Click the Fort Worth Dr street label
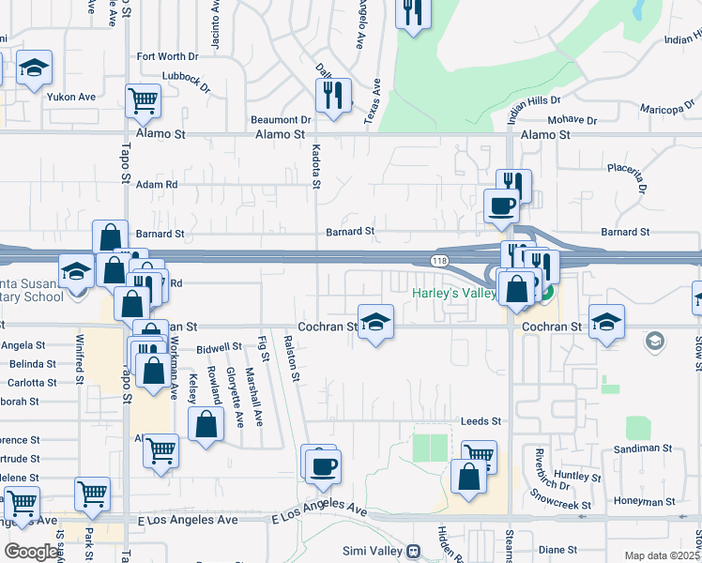[168, 56]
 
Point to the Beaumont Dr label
[281, 120]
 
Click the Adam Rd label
[157, 185]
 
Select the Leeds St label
[481, 422]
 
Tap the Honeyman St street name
[648, 500]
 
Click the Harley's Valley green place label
[453, 293]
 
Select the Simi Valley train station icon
[411, 551]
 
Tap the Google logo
[31, 552]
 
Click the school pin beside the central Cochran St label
[374, 322]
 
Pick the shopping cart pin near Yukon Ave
[142, 99]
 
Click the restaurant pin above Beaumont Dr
[333, 96]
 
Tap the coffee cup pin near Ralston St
[324, 465]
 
